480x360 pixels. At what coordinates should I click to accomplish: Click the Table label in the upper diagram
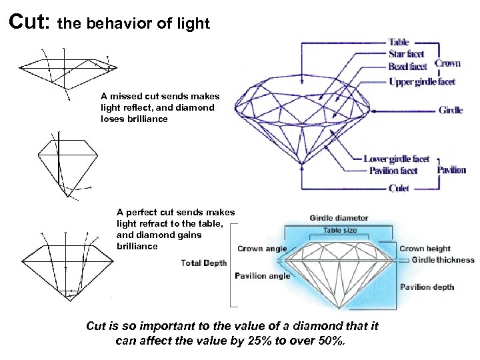tap(399, 43)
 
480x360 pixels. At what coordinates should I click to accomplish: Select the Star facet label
tap(407, 54)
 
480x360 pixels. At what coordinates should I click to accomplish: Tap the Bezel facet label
tap(408, 67)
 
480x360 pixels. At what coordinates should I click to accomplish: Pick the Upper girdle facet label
tap(422, 81)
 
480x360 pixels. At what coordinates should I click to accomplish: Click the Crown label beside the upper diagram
tap(447, 63)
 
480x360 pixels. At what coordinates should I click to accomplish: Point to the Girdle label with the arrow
tap(451, 109)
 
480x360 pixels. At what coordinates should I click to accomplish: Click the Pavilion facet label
tap(393, 171)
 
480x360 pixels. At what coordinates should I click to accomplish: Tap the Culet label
tap(399, 188)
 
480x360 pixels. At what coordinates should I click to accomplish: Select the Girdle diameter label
tap(339, 218)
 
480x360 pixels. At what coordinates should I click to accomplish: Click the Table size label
tap(340, 231)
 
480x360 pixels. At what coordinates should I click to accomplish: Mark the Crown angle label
tap(262, 249)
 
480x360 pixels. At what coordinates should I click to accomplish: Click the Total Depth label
tap(204, 263)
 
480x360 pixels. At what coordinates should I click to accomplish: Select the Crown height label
tap(425, 249)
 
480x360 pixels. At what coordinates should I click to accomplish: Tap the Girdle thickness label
tap(443, 260)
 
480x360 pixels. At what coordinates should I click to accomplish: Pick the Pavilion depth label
tap(427, 287)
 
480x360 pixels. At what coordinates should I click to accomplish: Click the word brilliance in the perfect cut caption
tap(137, 246)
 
